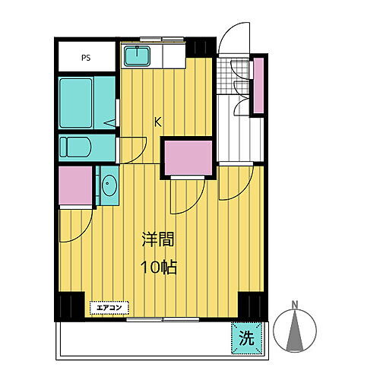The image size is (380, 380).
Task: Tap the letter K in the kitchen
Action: point(158,120)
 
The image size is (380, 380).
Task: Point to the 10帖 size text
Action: point(158,268)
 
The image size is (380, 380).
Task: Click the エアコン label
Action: point(110,308)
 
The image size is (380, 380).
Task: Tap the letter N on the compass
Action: point(294,308)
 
